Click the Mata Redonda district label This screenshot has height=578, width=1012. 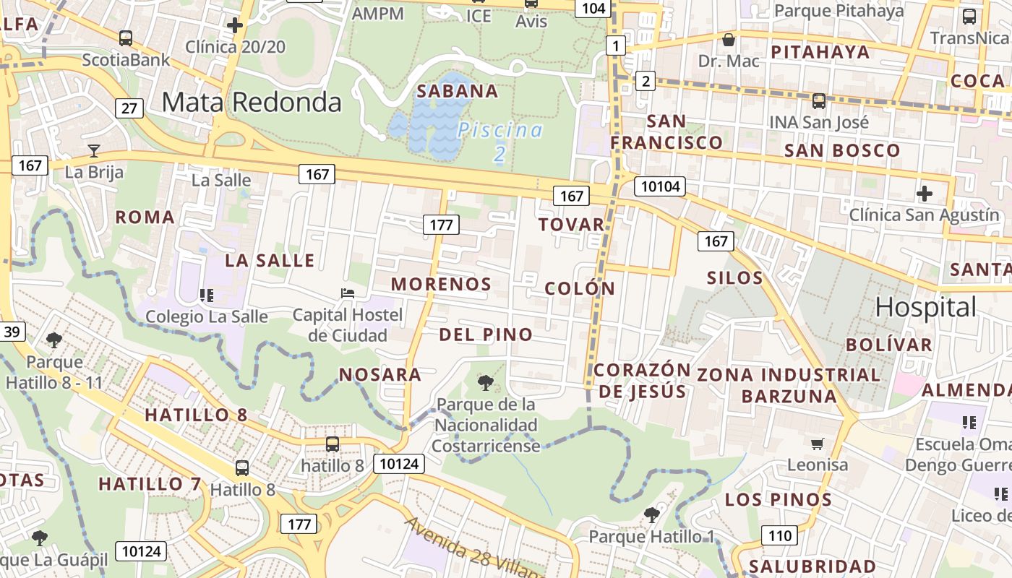251,102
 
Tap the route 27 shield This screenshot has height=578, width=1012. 129,108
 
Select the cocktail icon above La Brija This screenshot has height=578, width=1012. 94,150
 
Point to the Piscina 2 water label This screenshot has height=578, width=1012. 499,141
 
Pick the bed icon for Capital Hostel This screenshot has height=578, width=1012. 348,293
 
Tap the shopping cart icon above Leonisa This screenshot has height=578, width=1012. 818,444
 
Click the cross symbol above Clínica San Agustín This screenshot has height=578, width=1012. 924,194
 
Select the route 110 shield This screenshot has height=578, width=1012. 779,535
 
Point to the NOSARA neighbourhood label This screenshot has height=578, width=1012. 380,374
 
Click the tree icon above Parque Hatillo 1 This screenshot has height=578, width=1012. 651,514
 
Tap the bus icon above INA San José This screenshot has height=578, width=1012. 819,101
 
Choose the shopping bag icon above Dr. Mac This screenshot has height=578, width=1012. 729,39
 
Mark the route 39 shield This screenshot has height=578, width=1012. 12,332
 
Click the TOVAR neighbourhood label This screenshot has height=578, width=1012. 571,224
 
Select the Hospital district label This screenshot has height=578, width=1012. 925,307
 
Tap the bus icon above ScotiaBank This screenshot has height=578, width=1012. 126,38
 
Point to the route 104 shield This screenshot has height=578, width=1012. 592,8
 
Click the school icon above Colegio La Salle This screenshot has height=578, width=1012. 207,295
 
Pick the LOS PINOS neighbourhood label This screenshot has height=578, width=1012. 779,499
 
